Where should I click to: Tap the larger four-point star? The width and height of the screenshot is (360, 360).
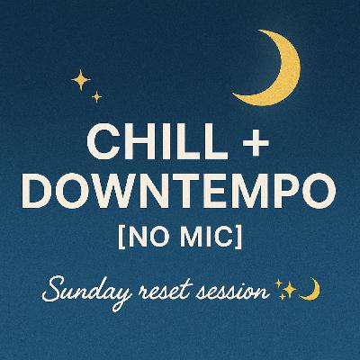click(x=81, y=81)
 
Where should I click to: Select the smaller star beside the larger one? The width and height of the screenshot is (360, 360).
click(x=97, y=96)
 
